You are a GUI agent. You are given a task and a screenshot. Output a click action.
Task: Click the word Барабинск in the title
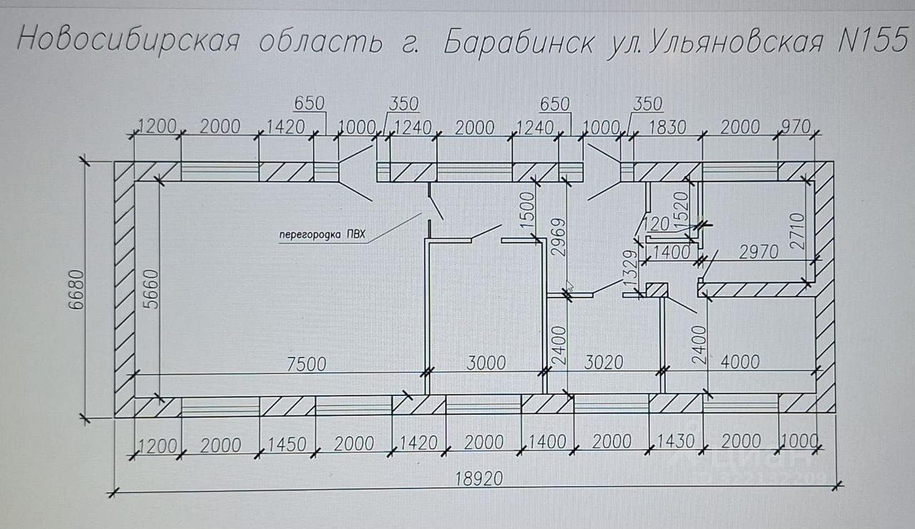pyautogui.click(x=517, y=42)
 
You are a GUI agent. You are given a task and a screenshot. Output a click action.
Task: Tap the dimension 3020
pyautogui.click(x=603, y=362)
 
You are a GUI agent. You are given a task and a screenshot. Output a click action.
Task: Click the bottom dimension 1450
pyautogui.click(x=288, y=444)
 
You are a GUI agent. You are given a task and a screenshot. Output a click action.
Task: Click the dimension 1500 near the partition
pyautogui.click(x=528, y=211)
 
